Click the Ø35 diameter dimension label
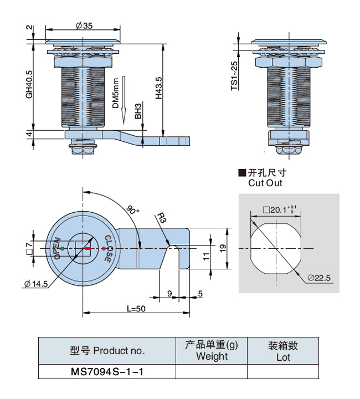point(83,25)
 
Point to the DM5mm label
point(115,93)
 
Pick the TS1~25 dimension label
point(234,76)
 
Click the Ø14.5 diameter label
point(37,284)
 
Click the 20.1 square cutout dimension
point(280,210)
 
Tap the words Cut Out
point(265,183)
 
